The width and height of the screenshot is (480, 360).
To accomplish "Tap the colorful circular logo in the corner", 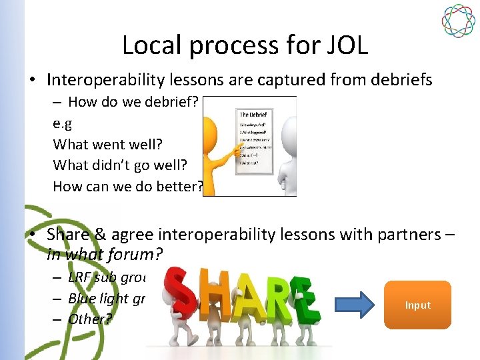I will click(x=458, y=21).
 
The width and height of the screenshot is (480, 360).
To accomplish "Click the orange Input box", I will click(x=418, y=305).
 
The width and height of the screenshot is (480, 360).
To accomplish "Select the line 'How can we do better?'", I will click(x=127, y=186).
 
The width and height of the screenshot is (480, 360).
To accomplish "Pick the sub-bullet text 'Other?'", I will click(x=90, y=319).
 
